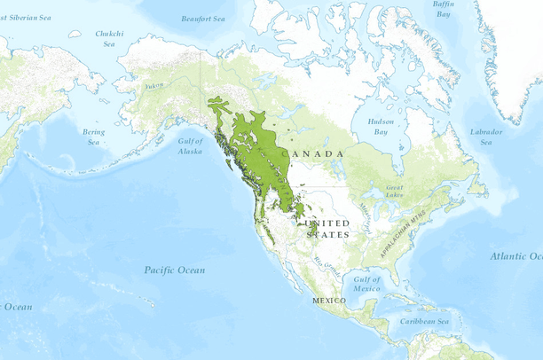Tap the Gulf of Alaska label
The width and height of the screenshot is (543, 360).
(190, 146)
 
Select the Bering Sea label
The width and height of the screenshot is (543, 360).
(93, 137)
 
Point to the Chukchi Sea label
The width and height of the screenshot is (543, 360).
(109, 39)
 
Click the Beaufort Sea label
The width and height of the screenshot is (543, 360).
(202, 19)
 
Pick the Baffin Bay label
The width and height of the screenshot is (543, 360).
(444, 9)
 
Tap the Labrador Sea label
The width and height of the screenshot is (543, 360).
(486, 137)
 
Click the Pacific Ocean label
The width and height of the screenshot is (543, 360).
(175, 270)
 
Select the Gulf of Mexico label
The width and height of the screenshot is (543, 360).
(366, 284)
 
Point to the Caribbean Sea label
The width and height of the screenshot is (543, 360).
(423, 321)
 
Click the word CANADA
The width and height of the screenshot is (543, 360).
(312, 154)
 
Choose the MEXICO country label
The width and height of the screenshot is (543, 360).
(328, 301)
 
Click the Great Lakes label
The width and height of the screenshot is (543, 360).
(395, 191)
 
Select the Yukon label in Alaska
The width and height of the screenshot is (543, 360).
(154, 85)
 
